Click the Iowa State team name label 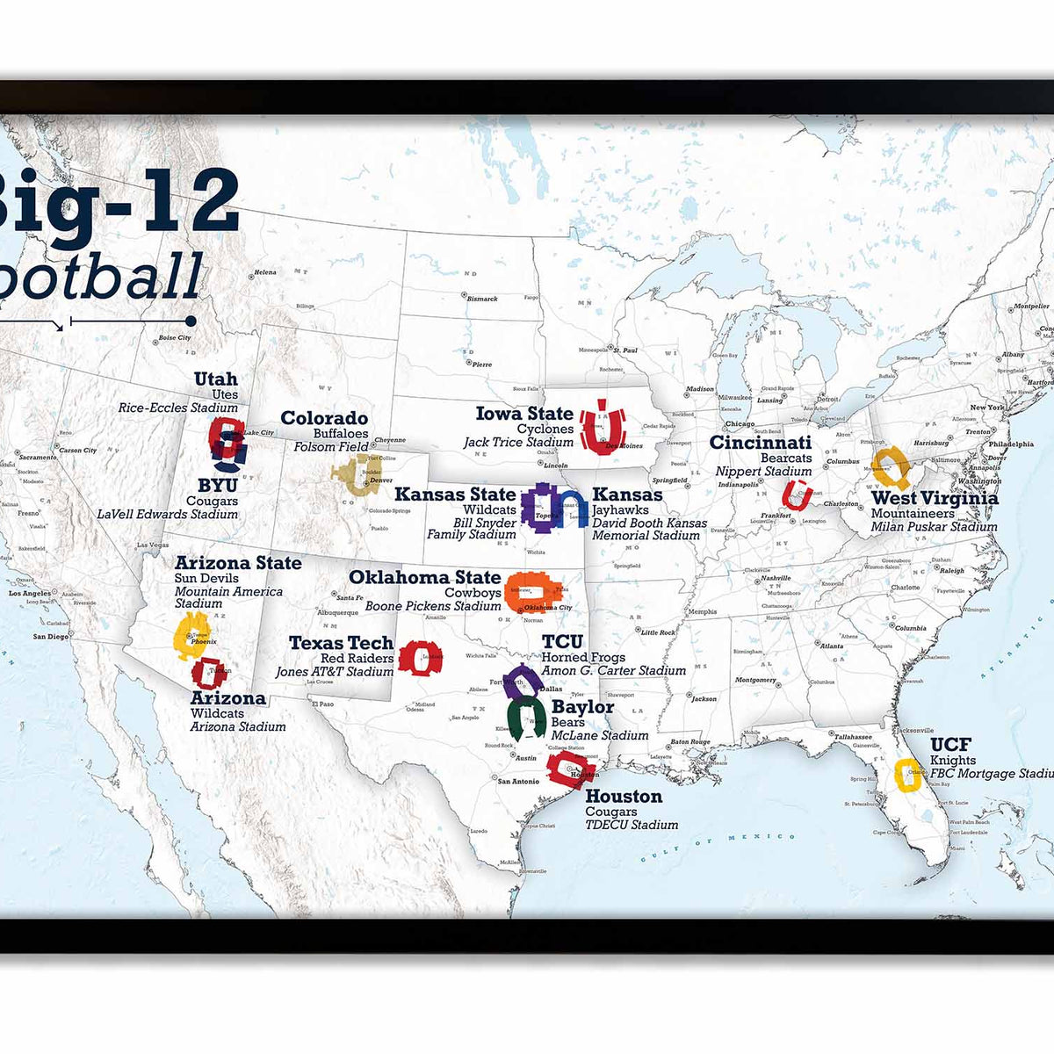coord(524,414)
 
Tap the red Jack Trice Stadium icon coord(603,425)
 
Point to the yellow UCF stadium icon coord(907,775)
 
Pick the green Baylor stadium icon coord(526,716)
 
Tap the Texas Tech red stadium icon coord(420,658)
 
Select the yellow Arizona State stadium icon coord(191,636)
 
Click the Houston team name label coord(624,797)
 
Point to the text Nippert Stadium coord(763,472)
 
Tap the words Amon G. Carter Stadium coord(613,671)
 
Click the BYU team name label coord(217,486)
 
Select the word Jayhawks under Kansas coord(620,510)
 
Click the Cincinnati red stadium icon coord(798,495)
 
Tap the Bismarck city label coord(482,299)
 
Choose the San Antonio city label coord(518,781)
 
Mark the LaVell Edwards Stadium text coord(167,515)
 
